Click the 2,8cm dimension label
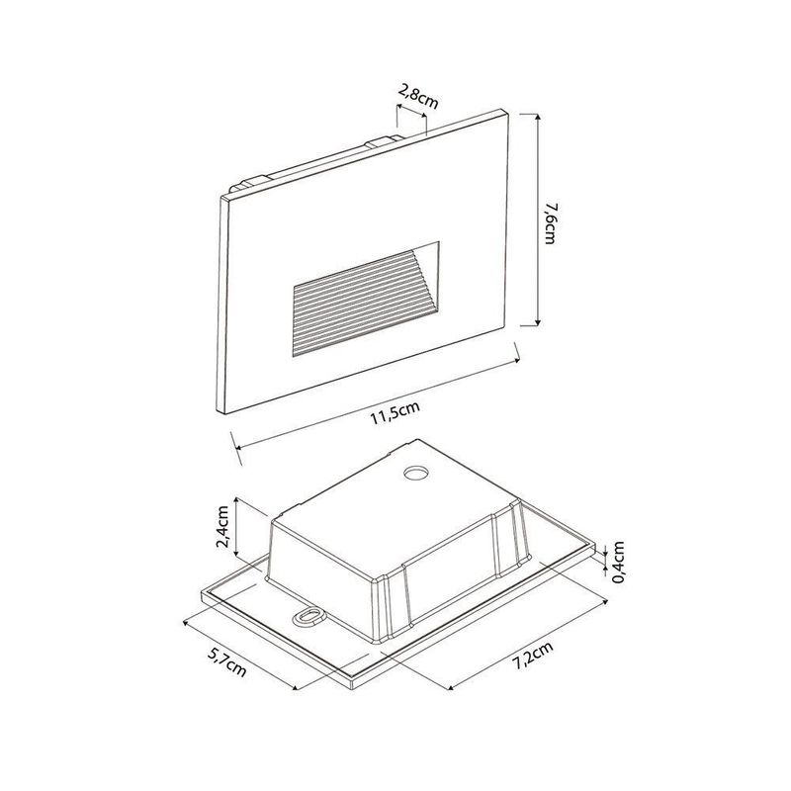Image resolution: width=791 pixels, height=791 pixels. pos(418,97)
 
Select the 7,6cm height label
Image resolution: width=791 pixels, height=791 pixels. pos(551,222)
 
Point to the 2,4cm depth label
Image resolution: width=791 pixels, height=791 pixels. pos(223,526)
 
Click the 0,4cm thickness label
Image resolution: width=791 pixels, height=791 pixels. pos(619,562)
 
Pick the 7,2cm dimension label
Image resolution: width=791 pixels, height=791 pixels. pos(533,656)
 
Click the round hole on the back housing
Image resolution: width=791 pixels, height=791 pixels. pos(416,474)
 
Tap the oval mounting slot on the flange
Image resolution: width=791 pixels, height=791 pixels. pos(308,616)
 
